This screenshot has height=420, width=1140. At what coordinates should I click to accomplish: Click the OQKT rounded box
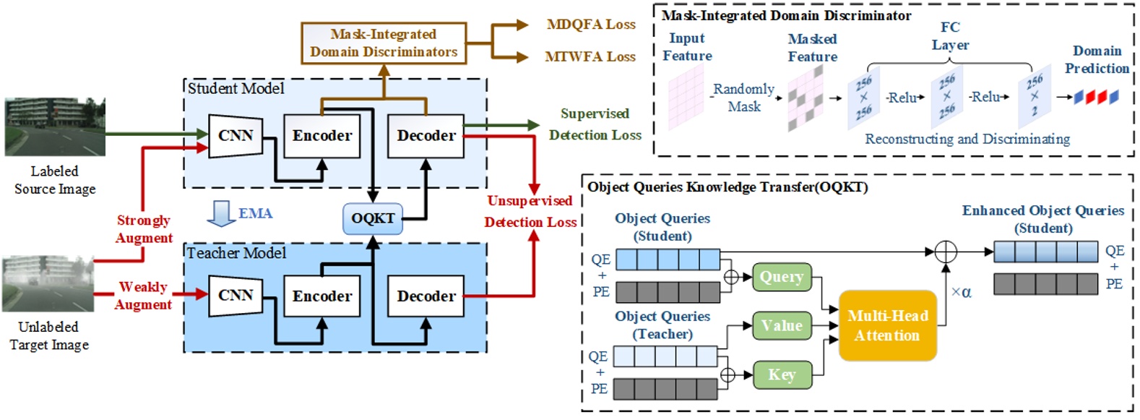(x=372, y=218)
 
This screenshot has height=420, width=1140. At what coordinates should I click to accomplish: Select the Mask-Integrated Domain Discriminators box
(x=383, y=43)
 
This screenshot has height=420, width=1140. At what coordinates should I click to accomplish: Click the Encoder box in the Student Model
(x=321, y=136)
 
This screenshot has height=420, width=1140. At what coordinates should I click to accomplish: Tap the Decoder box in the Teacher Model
(x=426, y=296)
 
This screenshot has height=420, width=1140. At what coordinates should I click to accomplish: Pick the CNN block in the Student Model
(x=235, y=136)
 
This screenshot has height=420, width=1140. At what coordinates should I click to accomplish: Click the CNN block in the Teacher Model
(x=235, y=296)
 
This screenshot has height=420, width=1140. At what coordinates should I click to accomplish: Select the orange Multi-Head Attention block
(x=887, y=326)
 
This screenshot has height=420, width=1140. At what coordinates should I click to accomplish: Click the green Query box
(x=781, y=277)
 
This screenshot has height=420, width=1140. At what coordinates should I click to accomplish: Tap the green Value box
(x=781, y=326)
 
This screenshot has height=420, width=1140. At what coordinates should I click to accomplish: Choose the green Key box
(x=781, y=374)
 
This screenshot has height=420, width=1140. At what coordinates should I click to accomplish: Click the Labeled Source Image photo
(x=55, y=127)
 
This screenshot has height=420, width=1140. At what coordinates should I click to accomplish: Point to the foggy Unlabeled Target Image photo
(x=48, y=283)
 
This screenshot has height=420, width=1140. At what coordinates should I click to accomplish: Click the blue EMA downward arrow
(x=219, y=213)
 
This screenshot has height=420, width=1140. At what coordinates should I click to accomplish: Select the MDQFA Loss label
(x=591, y=25)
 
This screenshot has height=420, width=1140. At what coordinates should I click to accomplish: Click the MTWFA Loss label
(x=590, y=56)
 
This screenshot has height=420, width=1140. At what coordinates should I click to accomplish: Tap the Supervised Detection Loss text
(x=595, y=124)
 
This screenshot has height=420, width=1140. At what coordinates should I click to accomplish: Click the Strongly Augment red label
(x=144, y=229)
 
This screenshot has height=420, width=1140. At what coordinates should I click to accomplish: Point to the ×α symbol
(x=961, y=292)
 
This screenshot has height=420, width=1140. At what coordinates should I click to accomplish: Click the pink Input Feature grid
(x=686, y=97)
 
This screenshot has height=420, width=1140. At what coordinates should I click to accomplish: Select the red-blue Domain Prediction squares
(x=1096, y=97)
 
